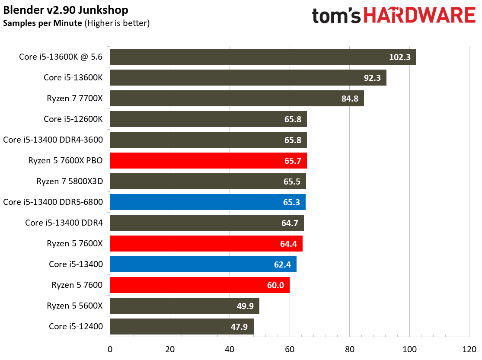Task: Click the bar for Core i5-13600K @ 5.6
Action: pos(263,57)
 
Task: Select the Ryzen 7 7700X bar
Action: pos(237,98)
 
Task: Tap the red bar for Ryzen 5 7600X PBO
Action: pos(208,160)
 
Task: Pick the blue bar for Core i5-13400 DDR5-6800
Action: pos(207,202)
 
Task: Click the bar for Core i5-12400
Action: pos(182,326)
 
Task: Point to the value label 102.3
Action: pos(399,57)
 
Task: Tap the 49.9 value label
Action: pos(245,306)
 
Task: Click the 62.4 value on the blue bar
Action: pos(282,264)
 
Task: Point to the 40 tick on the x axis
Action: pos(230,349)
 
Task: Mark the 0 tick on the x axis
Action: pos(110,349)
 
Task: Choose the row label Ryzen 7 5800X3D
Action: pos(70,182)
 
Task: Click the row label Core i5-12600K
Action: pos(73,119)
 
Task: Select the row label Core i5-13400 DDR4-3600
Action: pos(53,140)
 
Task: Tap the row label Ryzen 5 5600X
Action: pos(75,306)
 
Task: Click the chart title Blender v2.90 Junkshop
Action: pos(66,10)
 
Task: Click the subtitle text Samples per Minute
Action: pos(42,23)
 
